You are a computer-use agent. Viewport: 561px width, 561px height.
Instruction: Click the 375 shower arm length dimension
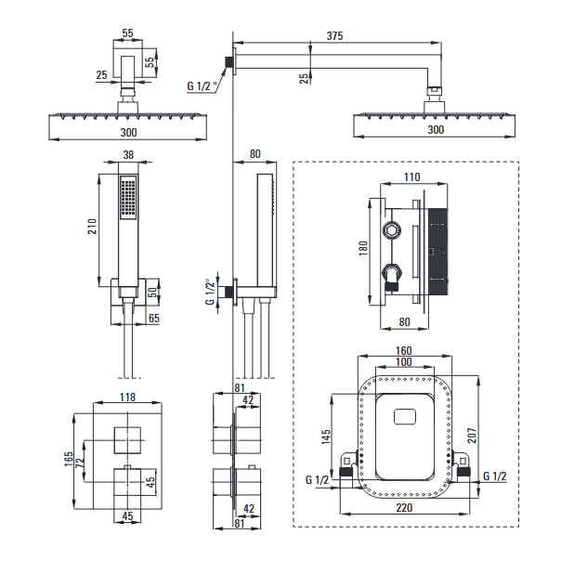pos(335,35)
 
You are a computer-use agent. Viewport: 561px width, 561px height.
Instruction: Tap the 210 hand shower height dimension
pos(90,228)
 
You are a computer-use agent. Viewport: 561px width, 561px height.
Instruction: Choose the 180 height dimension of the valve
pos(366,249)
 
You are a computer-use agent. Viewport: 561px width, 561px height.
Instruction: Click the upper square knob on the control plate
pos(127,437)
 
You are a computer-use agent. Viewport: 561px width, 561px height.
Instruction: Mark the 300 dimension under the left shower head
pos(128,130)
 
